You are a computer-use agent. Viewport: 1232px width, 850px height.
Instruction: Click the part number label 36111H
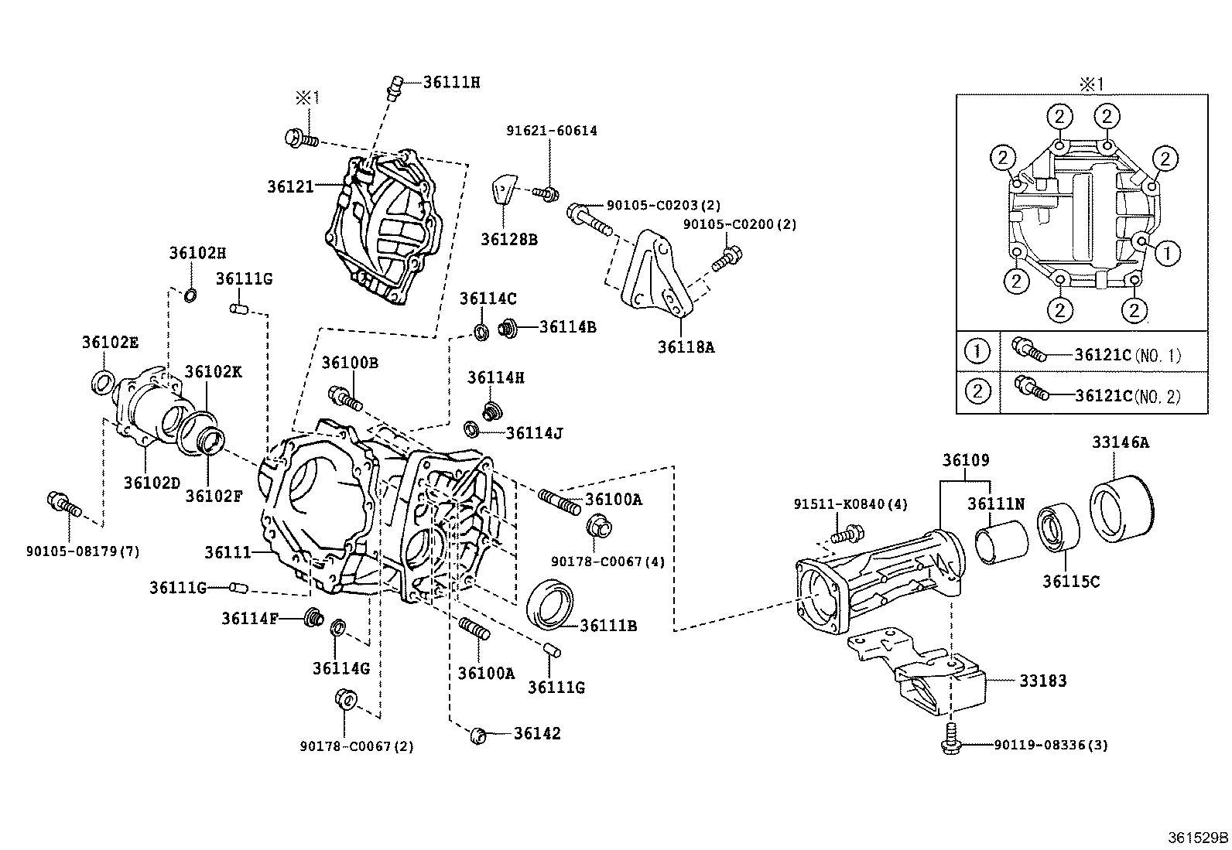pyautogui.click(x=451, y=82)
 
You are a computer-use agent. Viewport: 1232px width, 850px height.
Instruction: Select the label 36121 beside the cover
pyautogui.click(x=291, y=186)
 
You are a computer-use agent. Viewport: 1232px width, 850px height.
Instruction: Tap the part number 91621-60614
pyautogui.click(x=552, y=131)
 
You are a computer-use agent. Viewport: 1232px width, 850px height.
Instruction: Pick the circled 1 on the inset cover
pyautogui.click(x=1169, y=251)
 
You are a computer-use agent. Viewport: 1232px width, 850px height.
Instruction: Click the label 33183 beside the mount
pyautogui.click(x=1042, y=681)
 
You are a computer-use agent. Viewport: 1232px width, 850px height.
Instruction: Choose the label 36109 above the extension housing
pyautogui.click(x=965, y=460)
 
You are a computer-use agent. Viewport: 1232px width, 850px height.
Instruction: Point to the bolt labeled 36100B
pyautogui.click(x=345, y=398)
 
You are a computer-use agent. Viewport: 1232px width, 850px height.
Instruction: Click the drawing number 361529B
pyautogui.click(x=1198, y=837)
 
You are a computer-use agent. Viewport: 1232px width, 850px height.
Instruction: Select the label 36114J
pyautogui.click(x=534, y=432)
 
